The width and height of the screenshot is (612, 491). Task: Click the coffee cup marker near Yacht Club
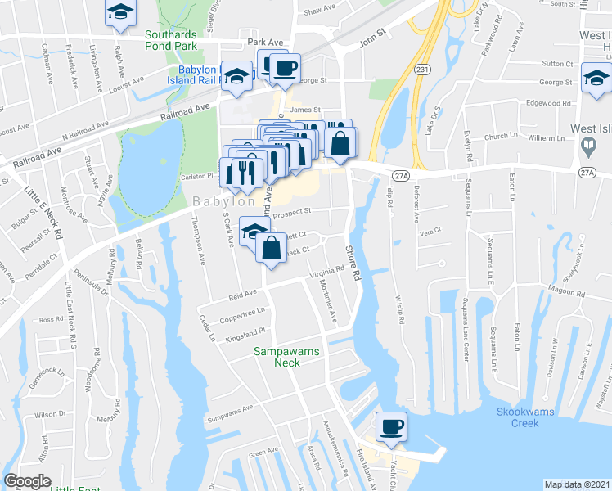point(390,426)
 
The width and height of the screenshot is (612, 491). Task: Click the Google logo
point(27,482)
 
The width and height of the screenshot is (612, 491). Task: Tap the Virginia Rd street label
point(328,272)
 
